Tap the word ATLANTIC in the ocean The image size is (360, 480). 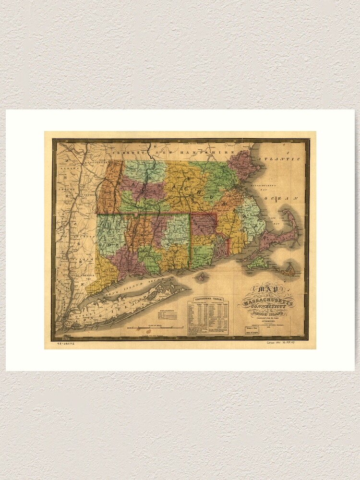pyautogui.click(x=280, y=158)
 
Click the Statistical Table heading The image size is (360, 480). pyautogui.click(x=207, y=299)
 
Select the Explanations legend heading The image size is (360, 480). pyautogui.click(x=164, y=311)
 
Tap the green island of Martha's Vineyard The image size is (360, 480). pyautogui.click(x=258, y=263)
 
